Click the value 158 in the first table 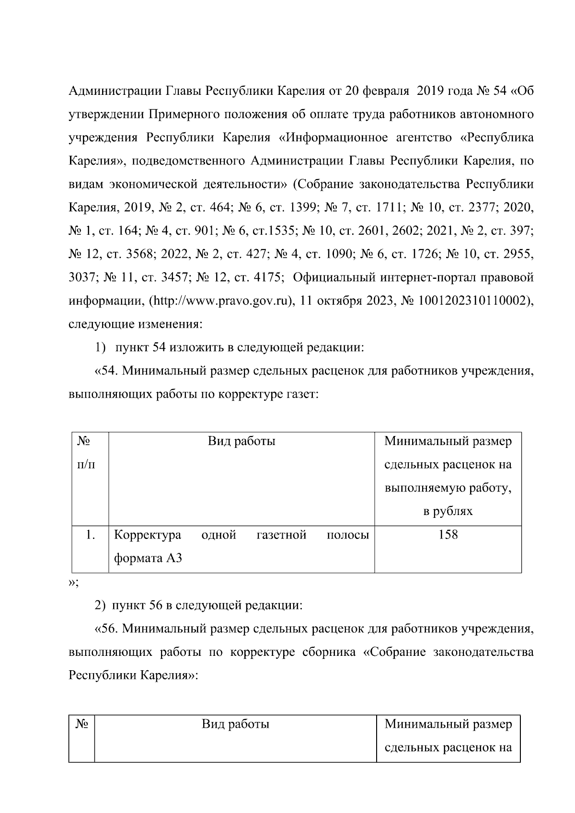click(x=448, y=535)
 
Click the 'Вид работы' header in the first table click(x=241, y=441)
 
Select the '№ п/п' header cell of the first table click(x=86, y=453)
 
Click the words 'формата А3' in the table click(x=148, y=558)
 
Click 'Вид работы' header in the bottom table click(x=235, y=724)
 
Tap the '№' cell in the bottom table click(x=81, y=724)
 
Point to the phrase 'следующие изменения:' click(x=136, y=324)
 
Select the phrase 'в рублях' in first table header click(x=448, y=511)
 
